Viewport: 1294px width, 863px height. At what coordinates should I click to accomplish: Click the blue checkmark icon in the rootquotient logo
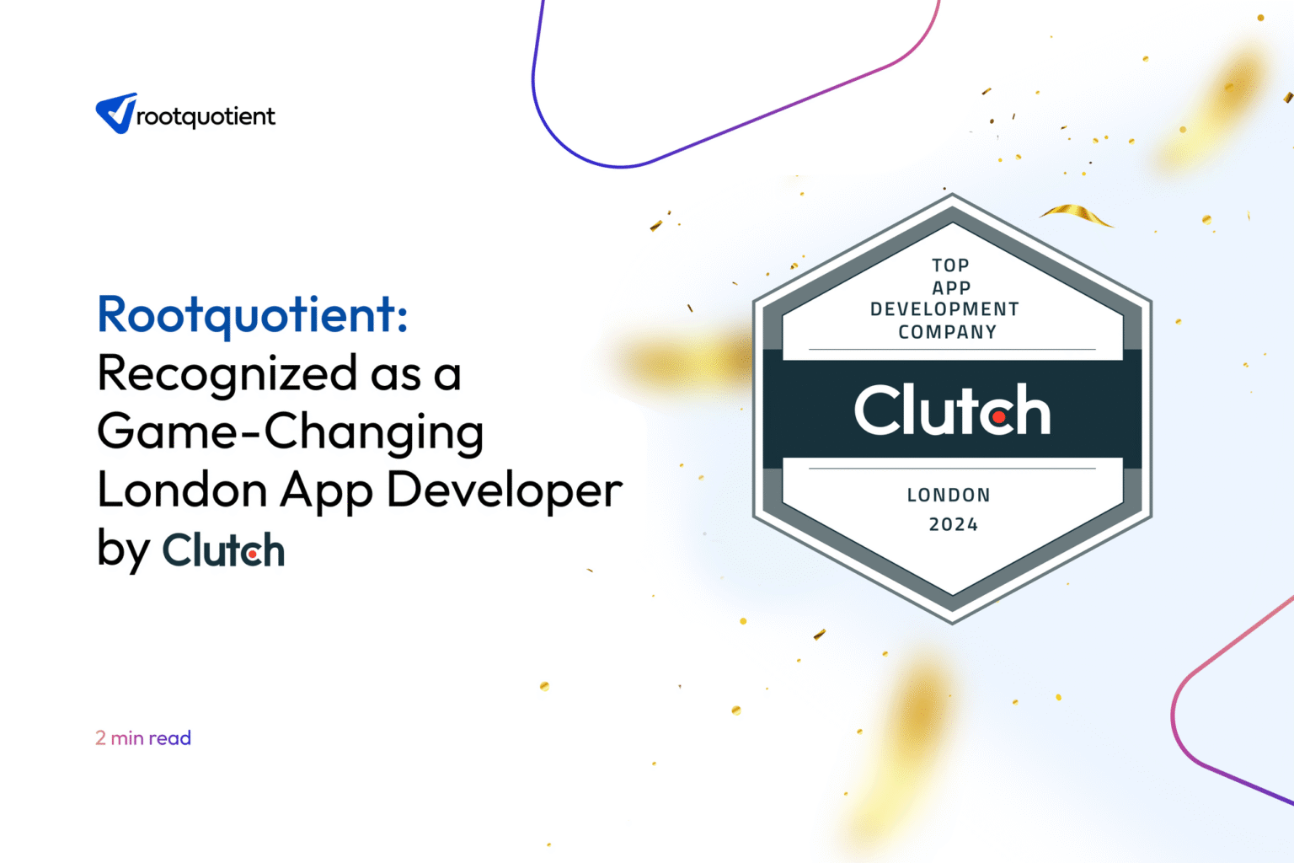tap(116, 113)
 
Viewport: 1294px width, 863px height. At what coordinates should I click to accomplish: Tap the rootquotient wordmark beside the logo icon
tap(206, 116)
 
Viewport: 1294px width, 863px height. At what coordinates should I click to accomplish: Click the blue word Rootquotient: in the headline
tap(253, 314)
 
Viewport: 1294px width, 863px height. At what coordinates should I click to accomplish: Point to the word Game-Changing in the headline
tap(291, 431)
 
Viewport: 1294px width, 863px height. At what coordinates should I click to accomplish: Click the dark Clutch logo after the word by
tap(223, 550)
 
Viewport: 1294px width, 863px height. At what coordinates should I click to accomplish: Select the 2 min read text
tap(143, 738)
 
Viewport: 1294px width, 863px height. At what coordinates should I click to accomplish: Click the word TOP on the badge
tap(950, 265)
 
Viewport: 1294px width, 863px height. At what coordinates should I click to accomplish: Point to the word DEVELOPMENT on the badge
tap(944, 309)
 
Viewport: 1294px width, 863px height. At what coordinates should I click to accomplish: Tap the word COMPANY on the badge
tap(947, 332)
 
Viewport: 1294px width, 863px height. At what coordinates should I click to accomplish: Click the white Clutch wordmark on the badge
tap(952, 410)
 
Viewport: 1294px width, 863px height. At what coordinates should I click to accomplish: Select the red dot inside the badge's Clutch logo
tap(998, 416)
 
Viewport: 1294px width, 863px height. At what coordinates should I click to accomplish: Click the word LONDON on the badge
tap(949, 496)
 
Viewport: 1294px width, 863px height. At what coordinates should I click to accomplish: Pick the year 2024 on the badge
tap(953, 524)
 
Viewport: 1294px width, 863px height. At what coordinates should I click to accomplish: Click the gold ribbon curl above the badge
tap(1076, 214)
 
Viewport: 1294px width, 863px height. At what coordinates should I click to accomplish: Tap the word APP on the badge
tap(951, 287)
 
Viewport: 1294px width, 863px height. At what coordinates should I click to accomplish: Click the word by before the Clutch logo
tap(123, 550)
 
